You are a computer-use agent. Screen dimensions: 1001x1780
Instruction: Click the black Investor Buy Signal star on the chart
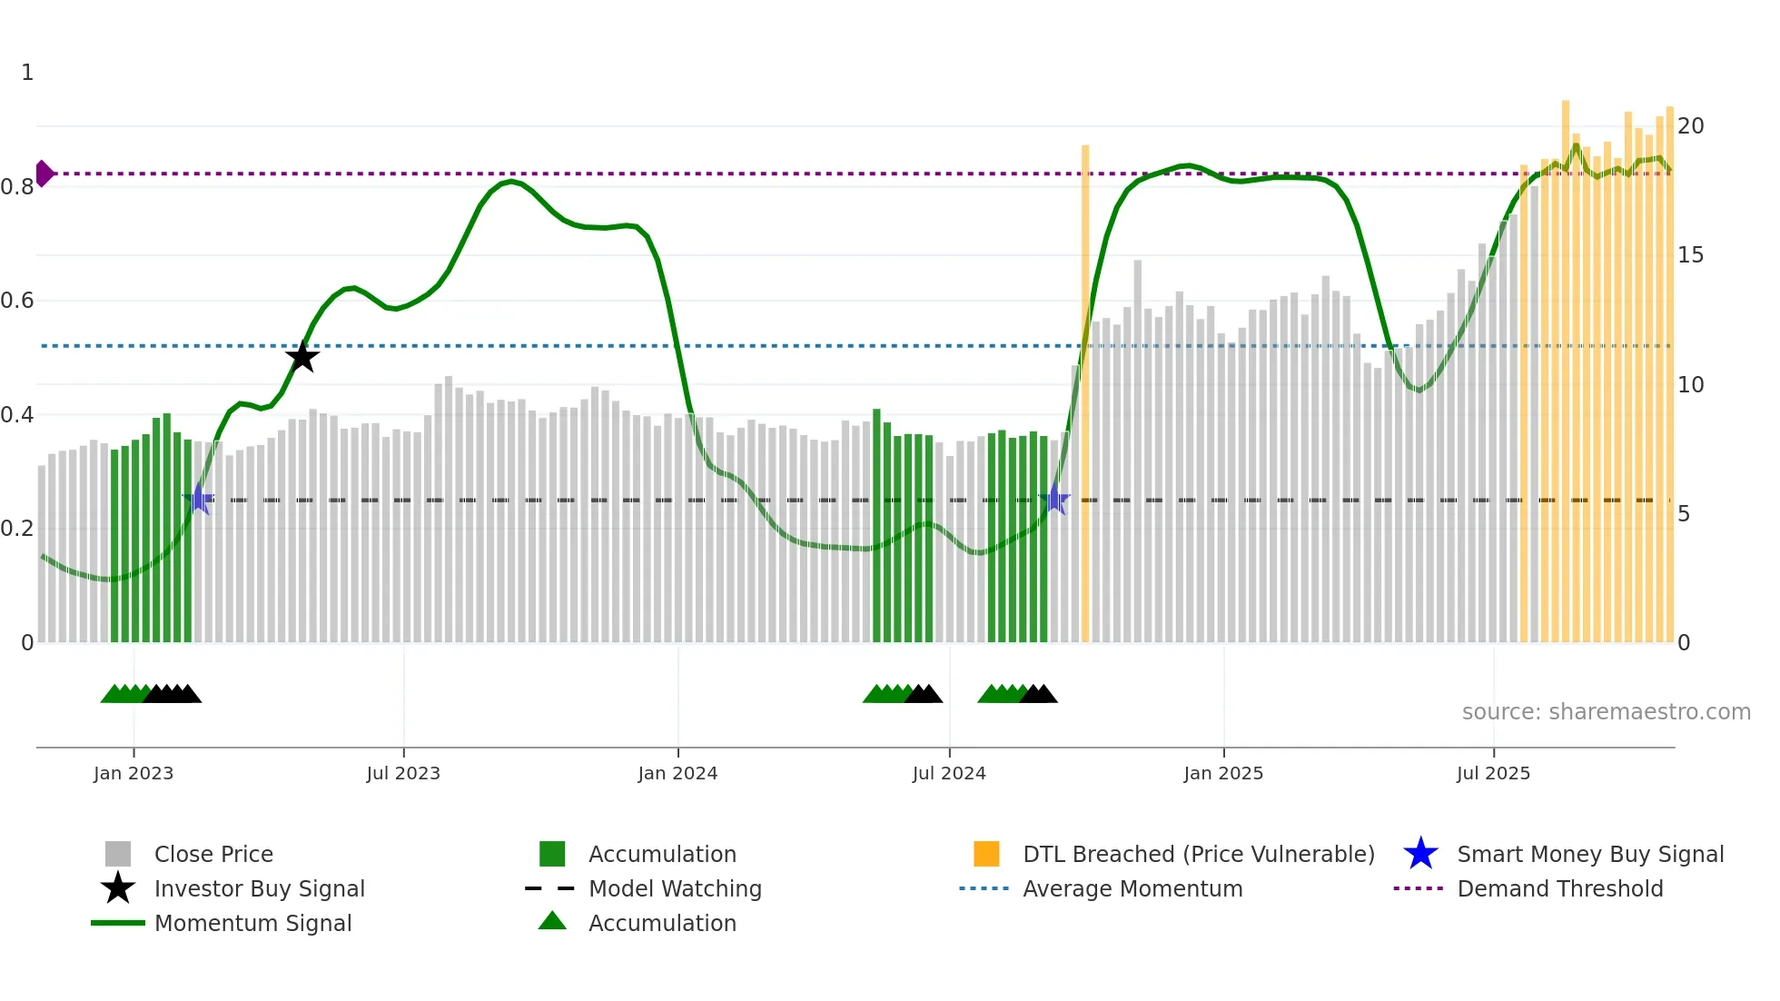point(302,357)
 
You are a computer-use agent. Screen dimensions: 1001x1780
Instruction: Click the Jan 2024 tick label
point(677,773)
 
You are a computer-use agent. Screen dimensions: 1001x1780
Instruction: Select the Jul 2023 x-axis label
point(403,773)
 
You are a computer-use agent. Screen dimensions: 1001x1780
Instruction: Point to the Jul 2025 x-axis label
point(1493,773)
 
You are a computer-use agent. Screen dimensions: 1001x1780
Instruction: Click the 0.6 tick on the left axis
point(17,301)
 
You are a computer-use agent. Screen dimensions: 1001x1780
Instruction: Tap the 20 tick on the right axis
point(1690,126)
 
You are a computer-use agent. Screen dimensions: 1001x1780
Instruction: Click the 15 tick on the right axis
point(1690,255)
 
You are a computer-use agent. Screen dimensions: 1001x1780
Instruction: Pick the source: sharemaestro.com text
point(1606,712)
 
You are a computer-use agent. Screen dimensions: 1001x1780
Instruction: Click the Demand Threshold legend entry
point(1559,888)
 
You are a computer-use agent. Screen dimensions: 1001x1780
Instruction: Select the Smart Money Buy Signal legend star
point(1420,854)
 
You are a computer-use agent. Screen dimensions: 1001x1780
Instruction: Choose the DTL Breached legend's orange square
point(986,854)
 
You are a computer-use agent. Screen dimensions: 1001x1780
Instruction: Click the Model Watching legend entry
point(674,888)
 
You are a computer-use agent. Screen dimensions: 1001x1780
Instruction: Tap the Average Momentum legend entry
point(1132,888)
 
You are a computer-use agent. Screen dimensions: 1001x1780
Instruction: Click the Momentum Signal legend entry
point(252,923)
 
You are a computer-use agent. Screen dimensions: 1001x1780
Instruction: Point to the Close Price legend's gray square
point(118,854)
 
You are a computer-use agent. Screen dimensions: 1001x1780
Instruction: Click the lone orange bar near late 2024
point(1085,391)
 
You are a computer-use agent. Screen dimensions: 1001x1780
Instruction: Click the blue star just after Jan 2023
point(199,500)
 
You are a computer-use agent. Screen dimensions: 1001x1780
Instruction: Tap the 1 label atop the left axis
point(27,73)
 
